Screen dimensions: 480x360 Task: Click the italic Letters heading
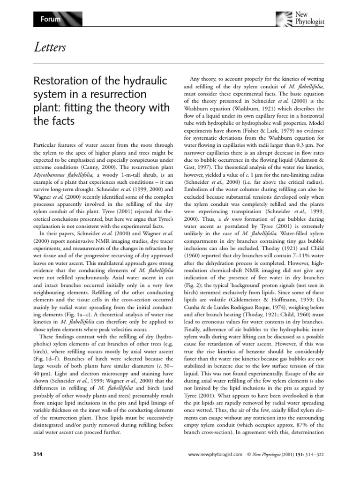click(49, 47)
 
